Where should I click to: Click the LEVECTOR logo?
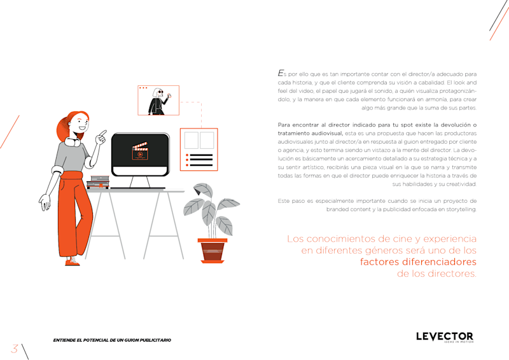point(444,337)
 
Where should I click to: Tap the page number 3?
point(14,349)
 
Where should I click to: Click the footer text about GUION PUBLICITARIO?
point(112,340)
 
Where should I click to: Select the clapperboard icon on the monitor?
point(140,151)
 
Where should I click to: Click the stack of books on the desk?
point(99,182)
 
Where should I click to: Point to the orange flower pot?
point(213,251)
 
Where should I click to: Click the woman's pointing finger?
point(104,132)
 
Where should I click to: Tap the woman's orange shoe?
point(73,262)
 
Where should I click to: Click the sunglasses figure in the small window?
point(158,101)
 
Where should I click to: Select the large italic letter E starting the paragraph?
point(281,73)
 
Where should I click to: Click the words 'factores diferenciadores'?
point(418,261)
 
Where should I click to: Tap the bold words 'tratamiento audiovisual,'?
point(310,134)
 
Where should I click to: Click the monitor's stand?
point(139,182)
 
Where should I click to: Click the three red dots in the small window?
point(143,88)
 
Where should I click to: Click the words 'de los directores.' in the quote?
point(436,273)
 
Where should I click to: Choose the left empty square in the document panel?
point(192,140)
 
